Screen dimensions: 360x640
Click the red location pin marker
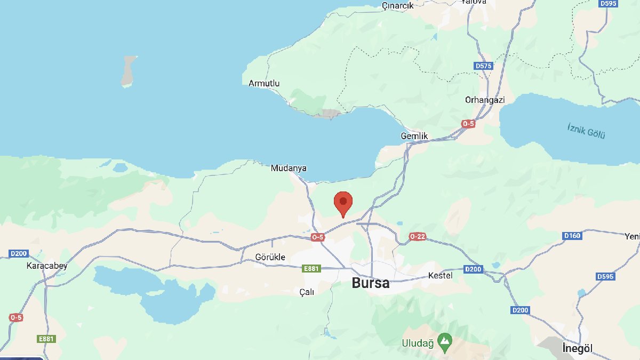click(343, 203)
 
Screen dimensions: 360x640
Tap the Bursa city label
click(370, 283)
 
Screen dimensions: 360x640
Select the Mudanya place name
click(289, 168)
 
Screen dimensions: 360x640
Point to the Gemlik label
click(414, 136)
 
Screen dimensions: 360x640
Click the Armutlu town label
click(264, 83)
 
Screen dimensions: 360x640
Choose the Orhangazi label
click(484, 100)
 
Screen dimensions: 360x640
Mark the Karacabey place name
click(47, 265)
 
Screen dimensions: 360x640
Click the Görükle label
click(270, 257)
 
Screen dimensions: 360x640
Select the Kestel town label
click(441, 276)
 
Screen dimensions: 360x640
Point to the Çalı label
click(307, 292)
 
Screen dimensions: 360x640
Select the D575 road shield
click(483, 66)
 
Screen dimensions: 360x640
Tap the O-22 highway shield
click(418, 236)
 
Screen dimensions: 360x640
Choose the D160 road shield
click(572, 236)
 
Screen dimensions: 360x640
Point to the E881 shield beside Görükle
click(311, 269)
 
